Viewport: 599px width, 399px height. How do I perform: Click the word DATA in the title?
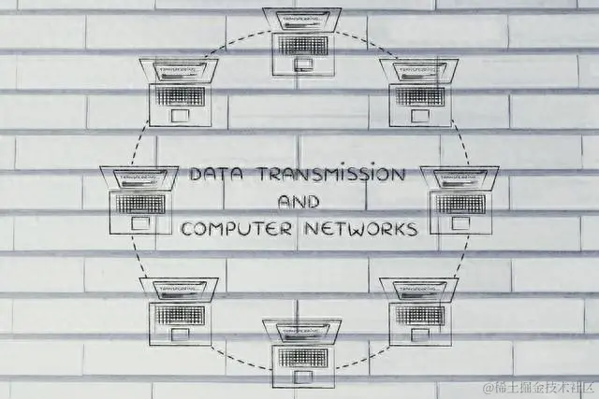[x=216, y=176]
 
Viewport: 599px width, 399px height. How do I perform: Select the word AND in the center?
[x=299, y=202]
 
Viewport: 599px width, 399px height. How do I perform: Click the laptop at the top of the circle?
[x=301, y=41]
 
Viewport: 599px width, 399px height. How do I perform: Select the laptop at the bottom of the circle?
[x=301, y=353]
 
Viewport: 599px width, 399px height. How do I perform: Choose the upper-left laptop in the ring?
[x=179, y=92]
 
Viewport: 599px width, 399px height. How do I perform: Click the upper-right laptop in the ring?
[x=418, y=92]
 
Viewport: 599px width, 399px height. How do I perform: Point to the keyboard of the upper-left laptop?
[x=179, y=95]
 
